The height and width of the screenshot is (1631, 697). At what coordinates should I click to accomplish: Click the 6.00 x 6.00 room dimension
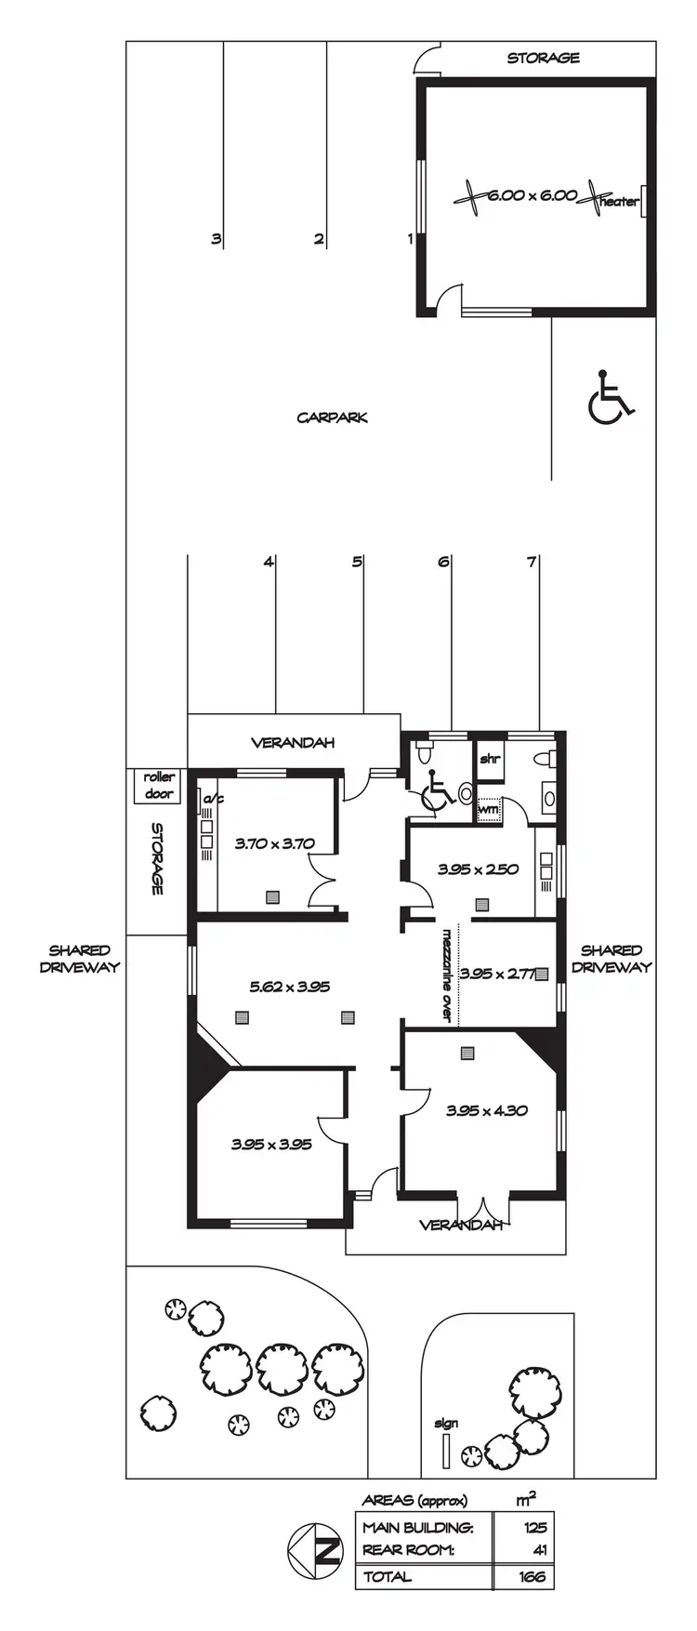coord(532,196)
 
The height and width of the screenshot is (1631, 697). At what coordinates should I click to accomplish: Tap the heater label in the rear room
coord(619,201)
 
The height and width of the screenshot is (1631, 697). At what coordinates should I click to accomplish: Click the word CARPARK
coord(332,418)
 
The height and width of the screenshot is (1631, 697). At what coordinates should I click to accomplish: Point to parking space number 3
coord(216,239)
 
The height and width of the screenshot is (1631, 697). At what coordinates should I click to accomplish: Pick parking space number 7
coord(532,562)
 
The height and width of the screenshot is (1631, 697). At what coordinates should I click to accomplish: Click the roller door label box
coord(159,785)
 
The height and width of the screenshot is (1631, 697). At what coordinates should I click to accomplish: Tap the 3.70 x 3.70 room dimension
coord(274,843)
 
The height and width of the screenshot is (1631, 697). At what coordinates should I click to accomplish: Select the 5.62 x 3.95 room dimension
coord(289,987)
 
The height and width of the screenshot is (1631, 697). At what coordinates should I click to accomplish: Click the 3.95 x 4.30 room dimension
coord(487,1110)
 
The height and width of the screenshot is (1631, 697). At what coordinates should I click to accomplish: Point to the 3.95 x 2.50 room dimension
coord(479,869)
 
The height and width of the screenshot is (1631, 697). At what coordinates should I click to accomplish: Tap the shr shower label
coord(489,759)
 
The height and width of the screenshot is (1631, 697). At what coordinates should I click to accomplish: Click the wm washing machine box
coord(489,810)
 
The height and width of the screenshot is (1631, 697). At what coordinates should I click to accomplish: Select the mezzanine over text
coord(447,975)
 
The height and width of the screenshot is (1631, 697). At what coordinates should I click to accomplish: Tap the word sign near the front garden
coord(446,1423)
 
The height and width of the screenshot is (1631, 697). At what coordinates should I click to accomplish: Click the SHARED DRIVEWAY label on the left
coord(79,959)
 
